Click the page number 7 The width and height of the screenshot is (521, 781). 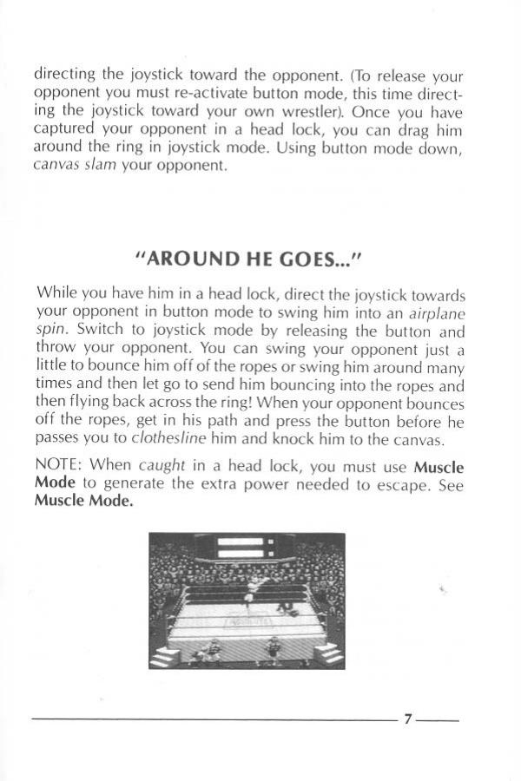[x=408, y=719]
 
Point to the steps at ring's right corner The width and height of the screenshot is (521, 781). [x=328, y=655]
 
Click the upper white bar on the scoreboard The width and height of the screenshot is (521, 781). [x=241, y=541]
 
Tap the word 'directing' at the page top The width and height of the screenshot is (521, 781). [x=63, y=75]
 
